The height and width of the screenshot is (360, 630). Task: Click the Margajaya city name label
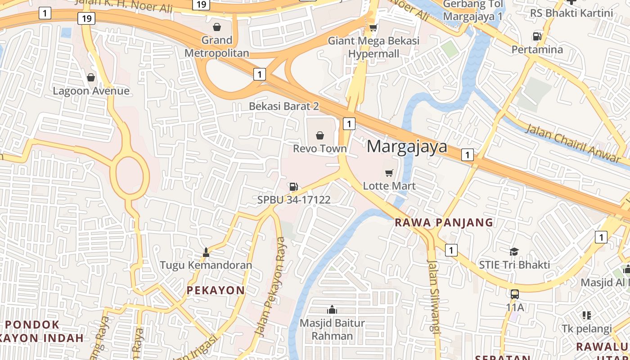(407, 147)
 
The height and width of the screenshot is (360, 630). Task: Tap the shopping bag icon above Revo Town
(320, 135)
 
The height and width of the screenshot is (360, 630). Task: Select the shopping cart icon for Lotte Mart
(389, 173)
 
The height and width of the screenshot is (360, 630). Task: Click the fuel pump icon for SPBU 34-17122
(293, 186)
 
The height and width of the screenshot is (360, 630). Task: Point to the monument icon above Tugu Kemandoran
(206, 252)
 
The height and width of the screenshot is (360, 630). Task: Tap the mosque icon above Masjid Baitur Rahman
(332, 310)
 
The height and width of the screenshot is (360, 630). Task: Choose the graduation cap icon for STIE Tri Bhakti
(514, 252)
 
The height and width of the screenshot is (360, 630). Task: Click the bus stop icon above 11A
(515, 294)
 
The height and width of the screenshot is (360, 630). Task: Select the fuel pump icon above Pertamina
(537, 36)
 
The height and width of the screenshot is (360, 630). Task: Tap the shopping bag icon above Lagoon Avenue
(91, 77)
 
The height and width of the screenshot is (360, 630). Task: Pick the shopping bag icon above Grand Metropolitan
(217, 27)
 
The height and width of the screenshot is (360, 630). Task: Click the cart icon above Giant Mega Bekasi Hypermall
(373, 28)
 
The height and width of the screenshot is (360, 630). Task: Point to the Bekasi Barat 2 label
(284, 106)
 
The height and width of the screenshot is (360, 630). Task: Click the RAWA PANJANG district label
(444, 222)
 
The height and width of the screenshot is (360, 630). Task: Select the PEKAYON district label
(216, 290)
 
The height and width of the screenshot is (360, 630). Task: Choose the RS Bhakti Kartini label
(571, 13)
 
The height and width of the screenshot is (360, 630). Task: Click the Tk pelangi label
(587, 328)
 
